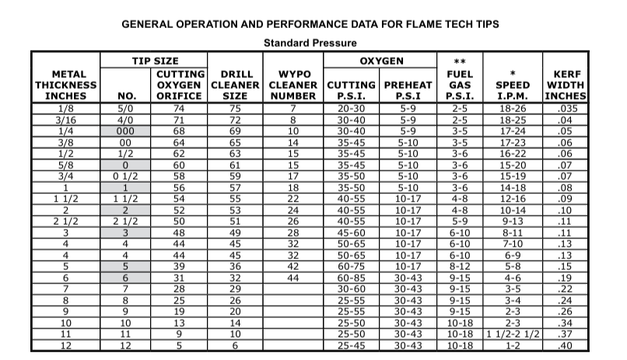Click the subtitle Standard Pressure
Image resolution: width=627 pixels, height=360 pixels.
pyautogui.click(x=310, y=44)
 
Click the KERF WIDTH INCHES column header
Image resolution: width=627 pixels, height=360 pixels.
pyautogui.click(x=566, y=85)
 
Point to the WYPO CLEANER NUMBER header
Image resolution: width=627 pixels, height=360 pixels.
pyautogui.click(x=293, y=85)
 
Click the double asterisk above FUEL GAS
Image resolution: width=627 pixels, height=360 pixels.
pyautogui.click(x=459, y=61)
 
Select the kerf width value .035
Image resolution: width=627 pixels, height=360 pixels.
pyautogui.click(x=566, y=109)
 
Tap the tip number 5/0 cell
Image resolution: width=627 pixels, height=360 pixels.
pyautogui.click(x=125, y=109)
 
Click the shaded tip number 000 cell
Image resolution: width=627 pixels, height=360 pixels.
pyautogui.click(x=125, y=131)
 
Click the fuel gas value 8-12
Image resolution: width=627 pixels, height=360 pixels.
pyautogui.click(x=459, y=266)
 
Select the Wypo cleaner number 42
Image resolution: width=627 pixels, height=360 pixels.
pyautogui.click(x=293, y=266)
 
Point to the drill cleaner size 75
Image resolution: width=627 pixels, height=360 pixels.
pyautogui.click(x=236, y=109)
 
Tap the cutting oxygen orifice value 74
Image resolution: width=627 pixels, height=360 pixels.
pyautogui.click(x=180, y=109)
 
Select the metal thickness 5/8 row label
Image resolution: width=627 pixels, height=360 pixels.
pyautogui.click(x=66, y=165)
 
